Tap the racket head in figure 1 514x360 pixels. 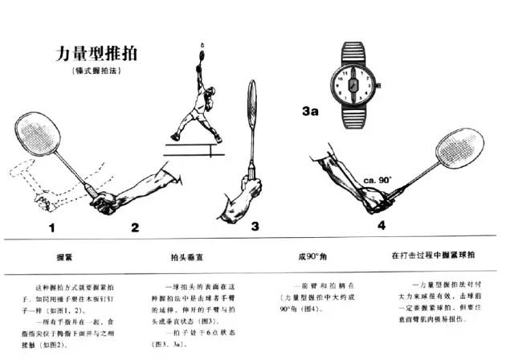click(x=39, y=137)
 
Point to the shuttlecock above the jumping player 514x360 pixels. click(x=202, y=46)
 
